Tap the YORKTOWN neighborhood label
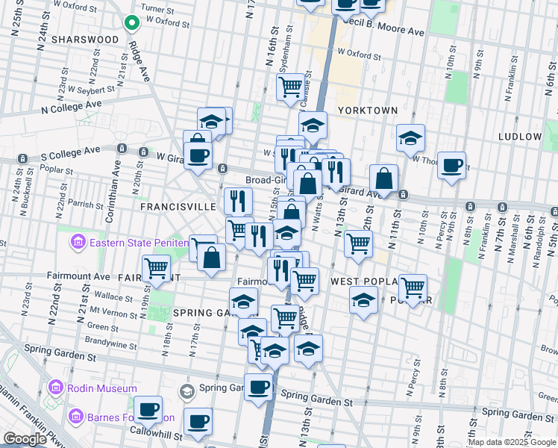(x=368, y=110)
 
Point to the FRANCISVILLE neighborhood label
(x=175, y=205)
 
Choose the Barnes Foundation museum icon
(x=75, y=417)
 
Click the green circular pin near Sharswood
(x=132, y=23)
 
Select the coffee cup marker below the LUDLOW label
(x=451, y=165)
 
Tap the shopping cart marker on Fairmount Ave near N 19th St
(x=156, y=267)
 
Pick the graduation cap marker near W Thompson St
(x=410, y=137)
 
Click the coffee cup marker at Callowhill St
(x=198, y=420)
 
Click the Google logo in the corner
(x=25, y=439)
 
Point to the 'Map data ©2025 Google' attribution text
(x=511, y=442)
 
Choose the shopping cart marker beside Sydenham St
(x=289, y=86)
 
